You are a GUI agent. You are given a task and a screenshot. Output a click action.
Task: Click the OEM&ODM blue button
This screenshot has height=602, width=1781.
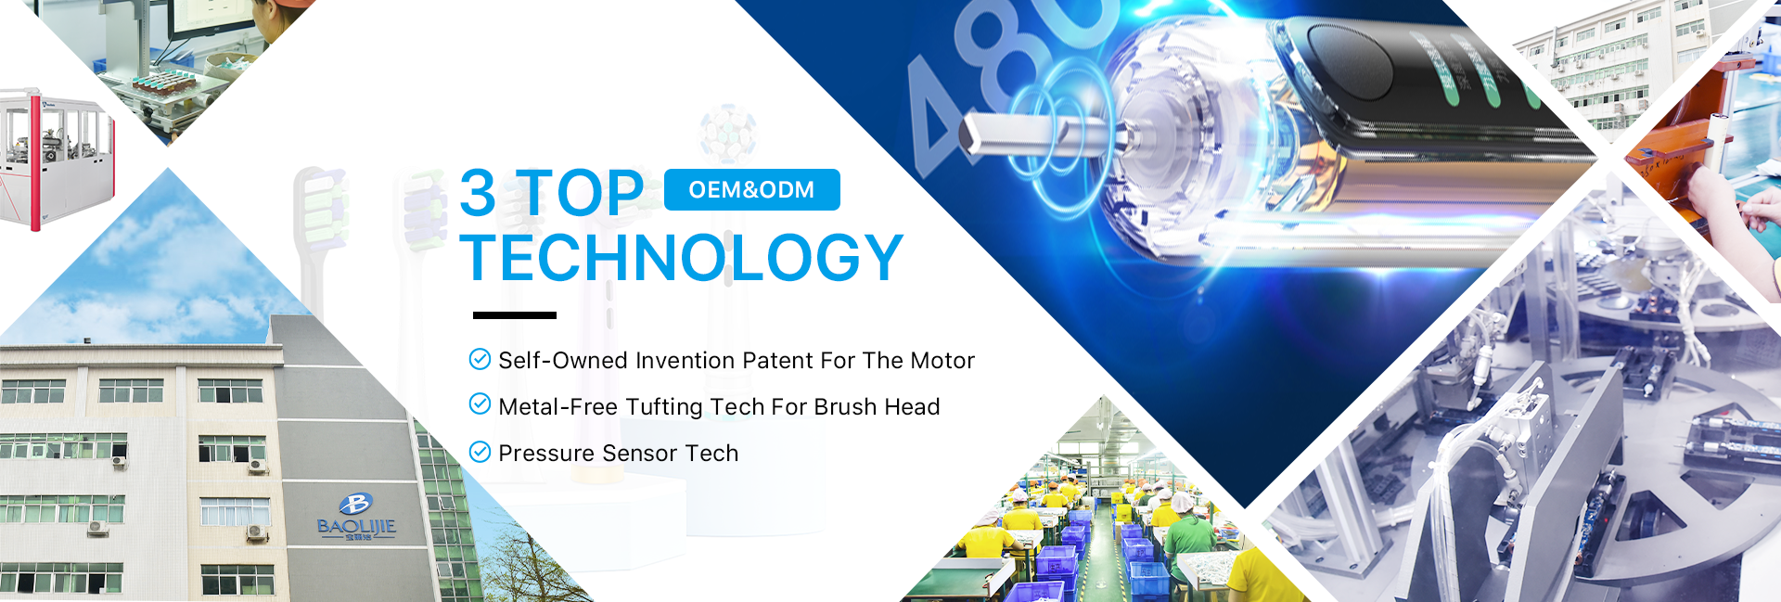coord(752,189)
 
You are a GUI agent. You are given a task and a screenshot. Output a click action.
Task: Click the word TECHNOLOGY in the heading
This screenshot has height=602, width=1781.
coord(682,257)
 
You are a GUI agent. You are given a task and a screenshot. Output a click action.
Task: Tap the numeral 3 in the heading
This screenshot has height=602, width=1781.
coord(479,193)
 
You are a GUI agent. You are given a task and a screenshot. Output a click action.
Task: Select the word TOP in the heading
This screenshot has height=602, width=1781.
coord(580,193)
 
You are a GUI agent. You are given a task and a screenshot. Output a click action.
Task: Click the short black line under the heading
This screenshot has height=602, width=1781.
coord(515,315)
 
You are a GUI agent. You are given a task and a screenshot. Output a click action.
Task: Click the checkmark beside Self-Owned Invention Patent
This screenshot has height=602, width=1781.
coord(480,359)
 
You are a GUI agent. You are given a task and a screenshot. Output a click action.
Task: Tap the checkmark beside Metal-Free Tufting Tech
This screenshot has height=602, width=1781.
coord(480,403)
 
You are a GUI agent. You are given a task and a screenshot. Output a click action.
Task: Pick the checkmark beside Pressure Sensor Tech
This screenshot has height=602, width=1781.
coord(480,452)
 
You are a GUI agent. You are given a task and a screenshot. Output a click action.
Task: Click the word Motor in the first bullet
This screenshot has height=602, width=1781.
coord(942,360)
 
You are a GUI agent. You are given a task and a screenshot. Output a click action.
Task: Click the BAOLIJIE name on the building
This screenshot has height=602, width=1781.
coord(356,527)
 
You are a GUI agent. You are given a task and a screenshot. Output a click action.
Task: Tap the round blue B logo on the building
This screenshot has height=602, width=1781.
coord(355,504)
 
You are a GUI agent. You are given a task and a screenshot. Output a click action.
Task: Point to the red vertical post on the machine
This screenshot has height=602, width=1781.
coord(35,160)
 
